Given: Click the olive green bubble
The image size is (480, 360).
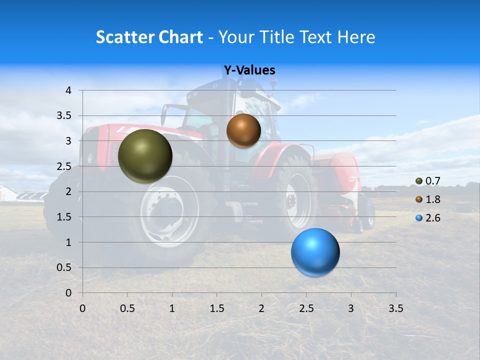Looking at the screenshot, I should click(145, 156).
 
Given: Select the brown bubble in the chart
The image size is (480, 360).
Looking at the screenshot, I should click(243, 130).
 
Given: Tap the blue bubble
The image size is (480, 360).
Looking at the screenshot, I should click(315, 252).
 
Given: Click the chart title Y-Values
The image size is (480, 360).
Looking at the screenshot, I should click(249, 70).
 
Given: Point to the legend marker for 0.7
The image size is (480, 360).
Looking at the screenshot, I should click(419, 181).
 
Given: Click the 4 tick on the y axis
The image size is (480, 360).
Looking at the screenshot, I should click(68, 90).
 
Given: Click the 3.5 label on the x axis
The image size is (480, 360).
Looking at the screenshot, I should click(395, 308).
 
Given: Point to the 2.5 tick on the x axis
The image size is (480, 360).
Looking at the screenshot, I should click(306, 308).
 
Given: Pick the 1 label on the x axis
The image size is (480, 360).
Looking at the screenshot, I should click(172, 308).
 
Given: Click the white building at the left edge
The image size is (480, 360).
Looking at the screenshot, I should click(7, 193).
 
